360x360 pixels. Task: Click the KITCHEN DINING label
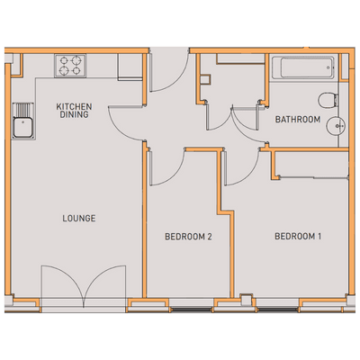click(x=74, y=111)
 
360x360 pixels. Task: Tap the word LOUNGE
click(x=79, y=218)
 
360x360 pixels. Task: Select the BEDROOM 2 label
click(x=188, y=237)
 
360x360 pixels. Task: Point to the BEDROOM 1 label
click(x=298, y=237)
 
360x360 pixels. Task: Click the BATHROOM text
click(x=298, y=120)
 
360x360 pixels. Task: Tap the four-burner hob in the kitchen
click(x=70, y=66)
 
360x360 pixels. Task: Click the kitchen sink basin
click(x=22, y=128)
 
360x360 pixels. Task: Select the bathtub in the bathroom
click(x=302, y=67)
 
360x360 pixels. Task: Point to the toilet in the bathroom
click(x=328, y=101)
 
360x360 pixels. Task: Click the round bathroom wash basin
click(x=337, y=126)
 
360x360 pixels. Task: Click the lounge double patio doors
click(x=84, y=285)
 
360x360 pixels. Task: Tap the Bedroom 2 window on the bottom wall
click(x=192, y=310)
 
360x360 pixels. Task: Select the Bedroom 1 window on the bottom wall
click(x=277, y=310)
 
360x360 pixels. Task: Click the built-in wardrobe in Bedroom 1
click(x=311, y=164)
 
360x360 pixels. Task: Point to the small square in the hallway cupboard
click(x=205, y=80)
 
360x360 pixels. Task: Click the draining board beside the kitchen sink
click(x=22, y=110)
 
